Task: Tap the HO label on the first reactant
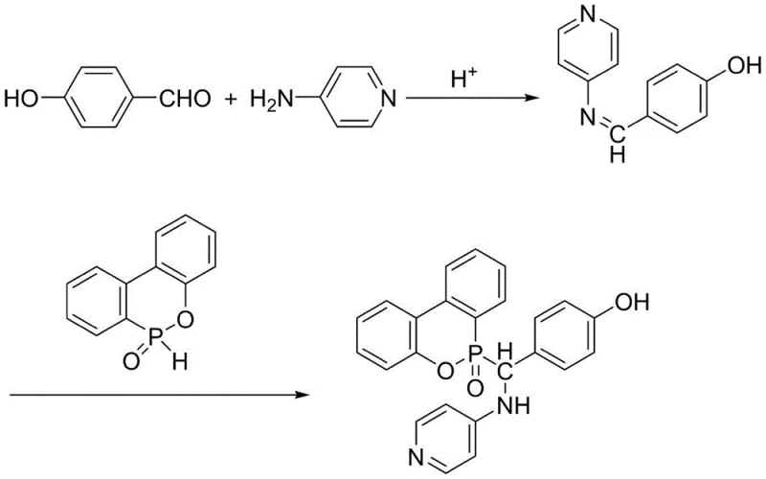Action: tap(22, 97)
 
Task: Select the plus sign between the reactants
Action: tap(231, 97)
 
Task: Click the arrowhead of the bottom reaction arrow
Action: tap(308, 393)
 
